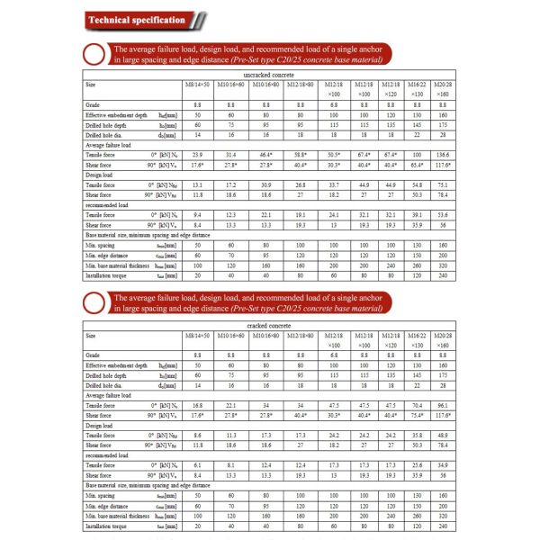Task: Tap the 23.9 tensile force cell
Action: [195, 155]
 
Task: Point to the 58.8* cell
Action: [301, 155]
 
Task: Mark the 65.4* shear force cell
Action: [417, 165]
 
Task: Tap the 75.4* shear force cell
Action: [417, 415]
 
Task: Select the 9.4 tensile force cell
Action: [195, 215]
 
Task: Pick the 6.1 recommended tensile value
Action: [195, 465]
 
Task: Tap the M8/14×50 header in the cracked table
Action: [197, 336]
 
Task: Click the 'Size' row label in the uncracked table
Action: [91, 84]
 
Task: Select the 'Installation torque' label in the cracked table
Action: [107, 525]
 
